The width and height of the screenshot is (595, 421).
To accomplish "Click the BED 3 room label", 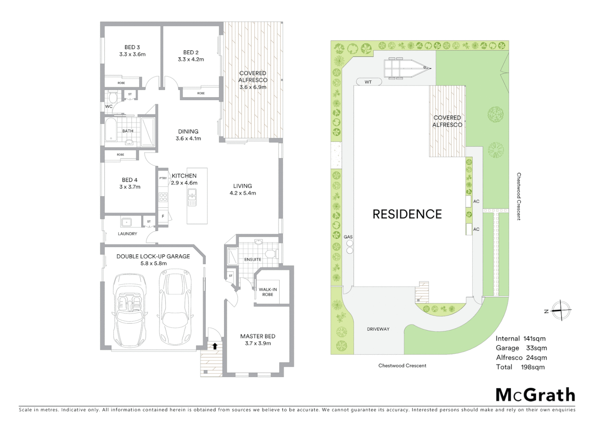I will (x=132, y=47).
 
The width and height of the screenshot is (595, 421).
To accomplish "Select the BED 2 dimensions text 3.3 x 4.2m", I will (x=191, y=60).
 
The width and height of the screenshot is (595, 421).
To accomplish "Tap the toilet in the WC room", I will (x=113, y=97).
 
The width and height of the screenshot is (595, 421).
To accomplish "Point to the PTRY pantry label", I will (x=163, y=179).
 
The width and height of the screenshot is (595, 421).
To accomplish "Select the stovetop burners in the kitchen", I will (x=163, y=197).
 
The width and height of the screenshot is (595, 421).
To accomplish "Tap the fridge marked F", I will (x=163, y=216).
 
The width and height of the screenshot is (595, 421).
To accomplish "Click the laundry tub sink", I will (x=126, y=223).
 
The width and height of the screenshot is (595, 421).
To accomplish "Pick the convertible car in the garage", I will (x=130, y=310).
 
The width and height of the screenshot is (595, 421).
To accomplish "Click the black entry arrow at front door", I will (x=215, y=346).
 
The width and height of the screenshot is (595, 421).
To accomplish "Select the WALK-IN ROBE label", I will (x=268, y=292).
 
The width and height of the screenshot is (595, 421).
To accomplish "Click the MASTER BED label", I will (x=257, y=336).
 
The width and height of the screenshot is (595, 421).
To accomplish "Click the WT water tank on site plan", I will (x=368, y=82).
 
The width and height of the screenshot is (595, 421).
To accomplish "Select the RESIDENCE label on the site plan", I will (x=407, y=214).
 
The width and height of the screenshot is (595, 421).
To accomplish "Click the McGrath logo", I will (x=535, y=395).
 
